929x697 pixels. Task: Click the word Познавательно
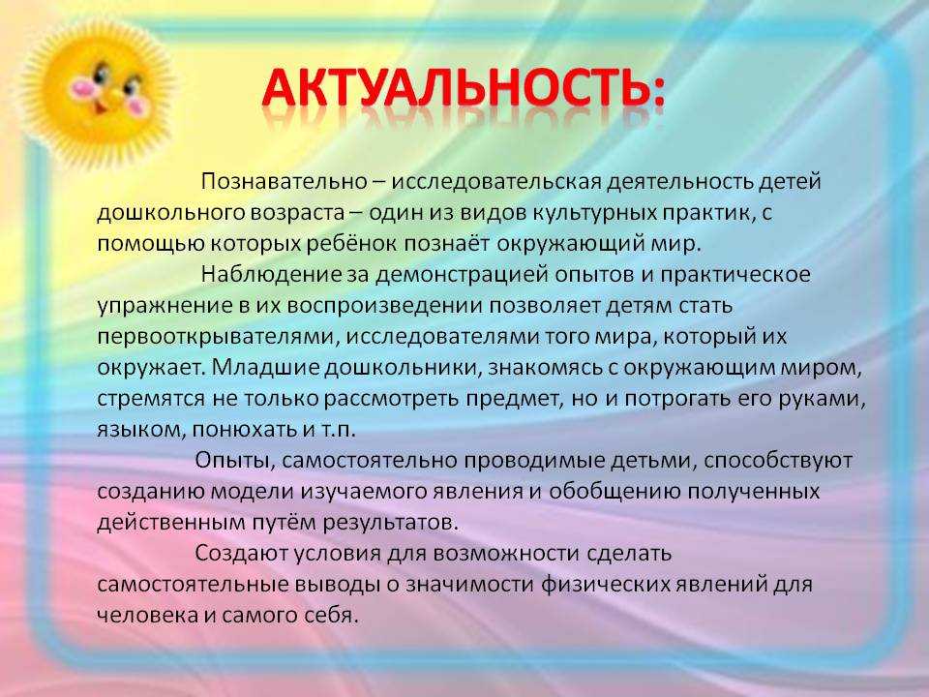coord(284,181)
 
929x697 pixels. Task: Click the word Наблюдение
coord(271,274)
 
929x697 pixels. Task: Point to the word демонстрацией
coord(463,274)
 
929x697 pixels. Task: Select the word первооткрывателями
coord(218,337)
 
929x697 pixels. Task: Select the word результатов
coord(390,522)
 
